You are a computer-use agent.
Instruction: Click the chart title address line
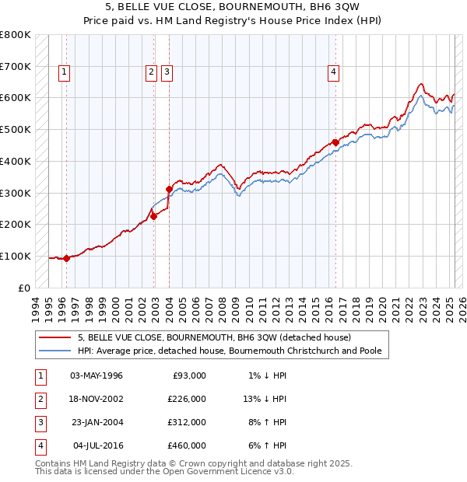click(x=233, y=7)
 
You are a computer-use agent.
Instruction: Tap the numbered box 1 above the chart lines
click(x=63, y=72)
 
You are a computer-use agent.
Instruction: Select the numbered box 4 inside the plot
click(x=333, y=72)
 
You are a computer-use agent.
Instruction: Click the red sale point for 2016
click(x=335, y=142)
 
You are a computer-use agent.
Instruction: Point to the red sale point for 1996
click(x=67, y=258)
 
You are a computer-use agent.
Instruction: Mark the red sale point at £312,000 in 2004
click(x=169, y=189)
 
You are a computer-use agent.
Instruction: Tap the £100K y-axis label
click(x=16, y=256)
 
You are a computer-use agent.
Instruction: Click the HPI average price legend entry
click(x=230, y=351)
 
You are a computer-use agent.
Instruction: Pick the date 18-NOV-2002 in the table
click(x=97, y=399)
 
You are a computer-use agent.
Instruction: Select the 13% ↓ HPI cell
click(x=265, y=399)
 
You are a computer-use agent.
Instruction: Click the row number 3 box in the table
click(x=39, y=422)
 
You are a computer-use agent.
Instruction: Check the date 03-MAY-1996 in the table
click(x=97, y=375)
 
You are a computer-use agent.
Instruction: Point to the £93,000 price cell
click(x=188, y=375)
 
